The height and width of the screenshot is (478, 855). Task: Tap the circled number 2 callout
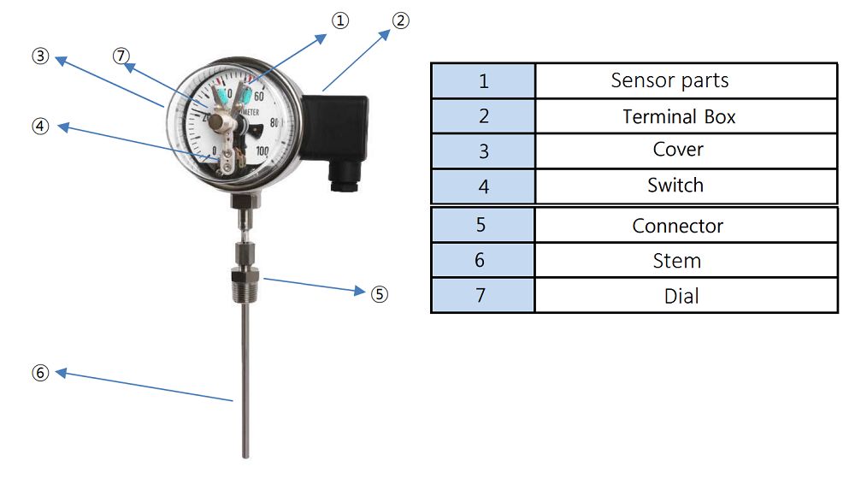pyautogui.click(x=400, y=21)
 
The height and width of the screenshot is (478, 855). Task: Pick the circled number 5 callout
pyautogui.click(x=380, y=293)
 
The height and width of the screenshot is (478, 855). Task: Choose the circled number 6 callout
pyautogui.click(x=39, y=373)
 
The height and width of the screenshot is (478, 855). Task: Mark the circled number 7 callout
pyautogui.click(x=121, y=56)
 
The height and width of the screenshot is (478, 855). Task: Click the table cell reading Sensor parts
pyautogui.click(x=669, y=80)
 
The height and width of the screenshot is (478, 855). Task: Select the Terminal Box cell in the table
pyautogui.click(x=679, y=116)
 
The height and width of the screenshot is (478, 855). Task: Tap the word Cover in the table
pyautogui.click(x=678, y=150)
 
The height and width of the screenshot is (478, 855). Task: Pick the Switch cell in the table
pyautogui.click(x=675, y=185)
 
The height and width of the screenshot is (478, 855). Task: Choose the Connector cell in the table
pyautogui.click(x=677, y=226)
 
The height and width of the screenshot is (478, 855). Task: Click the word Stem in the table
pyautogui.click(x=676, y=260)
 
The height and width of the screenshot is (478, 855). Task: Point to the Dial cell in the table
pyautogui.click(x=681, y=296)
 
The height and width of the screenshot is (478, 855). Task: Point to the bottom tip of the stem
pyautogui.click(x=246, y=453)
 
